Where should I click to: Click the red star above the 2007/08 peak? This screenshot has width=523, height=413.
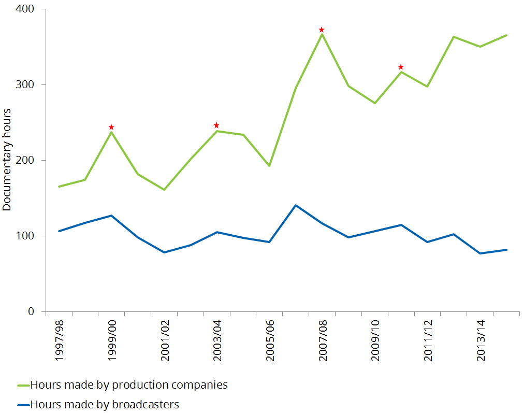322,30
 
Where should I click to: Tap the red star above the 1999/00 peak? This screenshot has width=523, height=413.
111,127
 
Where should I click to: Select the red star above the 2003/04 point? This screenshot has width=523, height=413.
216,125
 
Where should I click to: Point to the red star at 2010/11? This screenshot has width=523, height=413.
401,67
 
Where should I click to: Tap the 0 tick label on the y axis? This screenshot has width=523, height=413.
31,311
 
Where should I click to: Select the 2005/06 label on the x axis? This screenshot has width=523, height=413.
270,339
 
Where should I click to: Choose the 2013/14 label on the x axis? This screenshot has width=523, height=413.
480,339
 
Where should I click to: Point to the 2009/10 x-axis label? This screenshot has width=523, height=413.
375,339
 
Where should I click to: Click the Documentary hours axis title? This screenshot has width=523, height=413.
7,160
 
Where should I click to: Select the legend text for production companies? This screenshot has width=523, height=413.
129,385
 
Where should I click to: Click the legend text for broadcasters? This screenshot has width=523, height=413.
105,404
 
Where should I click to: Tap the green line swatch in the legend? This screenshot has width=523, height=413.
23,386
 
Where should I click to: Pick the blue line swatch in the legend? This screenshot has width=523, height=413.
23,405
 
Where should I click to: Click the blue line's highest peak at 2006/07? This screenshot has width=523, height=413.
296,205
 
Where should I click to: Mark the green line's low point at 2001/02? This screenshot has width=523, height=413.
164,190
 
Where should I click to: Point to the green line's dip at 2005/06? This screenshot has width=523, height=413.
269,166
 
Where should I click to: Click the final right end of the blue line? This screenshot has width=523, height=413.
506,250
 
